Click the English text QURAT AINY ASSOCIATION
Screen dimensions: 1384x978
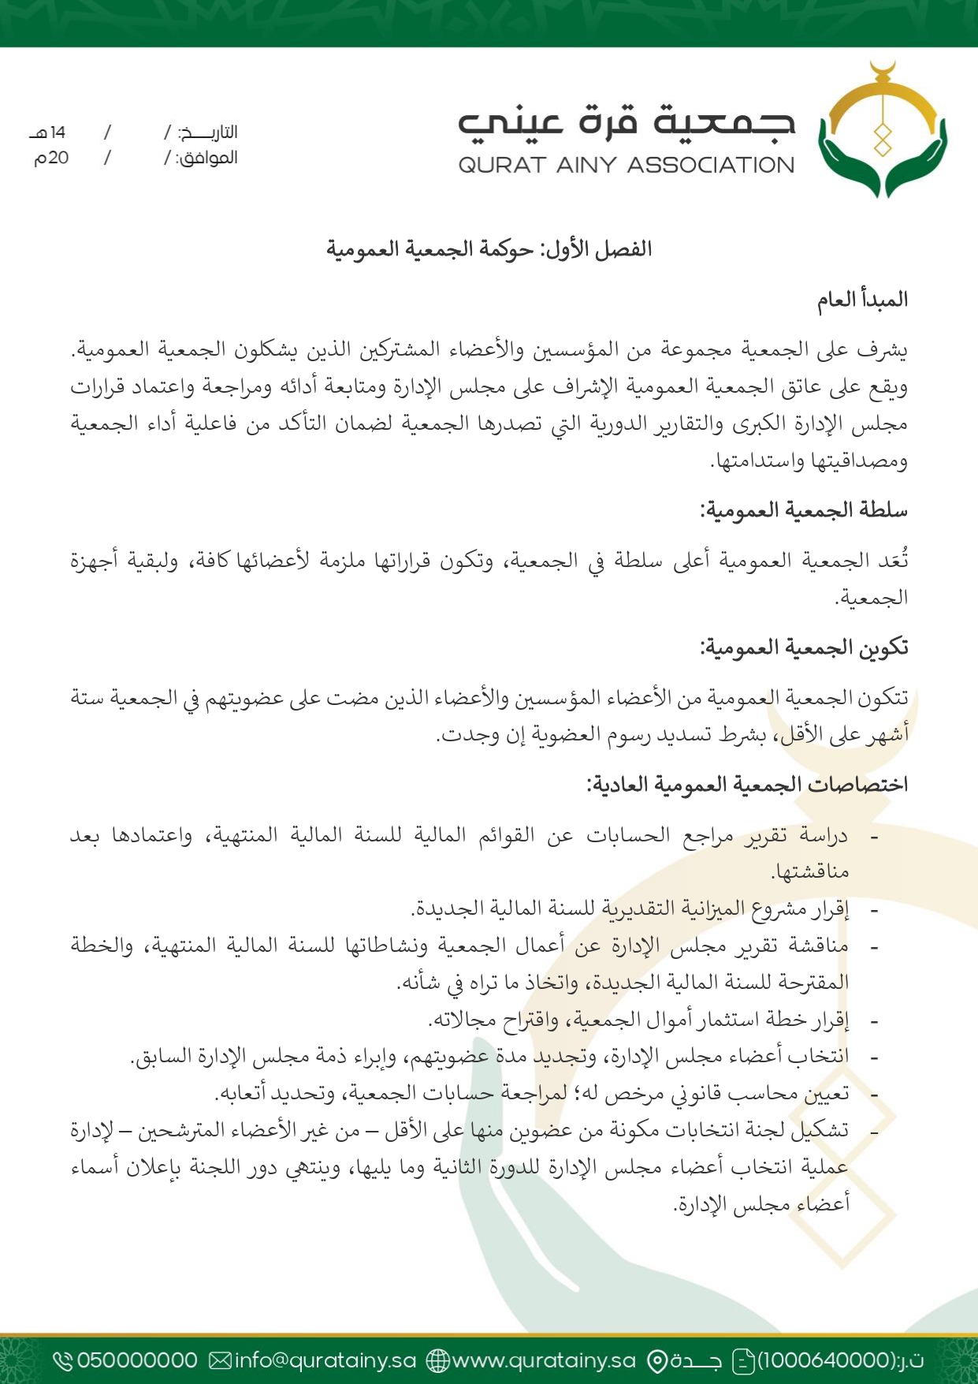pyautogui.click(x=627, y=165)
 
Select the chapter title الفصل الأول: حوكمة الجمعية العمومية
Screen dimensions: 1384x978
pyautogui.click(x=489, y=249)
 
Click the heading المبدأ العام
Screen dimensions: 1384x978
pyautogui.click(x=862, y=300)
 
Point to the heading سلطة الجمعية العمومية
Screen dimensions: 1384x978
pyautogui.click(x=804, y=510)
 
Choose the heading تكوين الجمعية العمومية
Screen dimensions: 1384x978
pyautogui.click(x=804, y=647)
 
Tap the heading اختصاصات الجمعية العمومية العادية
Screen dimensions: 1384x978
pyautogui.click(x=747, y=785)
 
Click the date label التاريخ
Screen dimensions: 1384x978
pyautogui.click(x=208, y=132)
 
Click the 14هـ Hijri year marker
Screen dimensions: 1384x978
pyautogui.click(x=49, y=132)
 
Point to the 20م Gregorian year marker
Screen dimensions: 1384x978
pyautogui.click(x=51, y=158)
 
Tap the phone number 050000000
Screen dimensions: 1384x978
pyautogui.click(x=137, y=1360)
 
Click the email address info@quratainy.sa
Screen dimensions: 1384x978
pyautogui.click(x=325, y=1360)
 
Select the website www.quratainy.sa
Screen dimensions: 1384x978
pyautogui.click(x=544, y=1360)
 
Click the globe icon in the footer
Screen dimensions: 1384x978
pyautogui.click(x=437, y=1360)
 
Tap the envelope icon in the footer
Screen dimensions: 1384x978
pyautogui.click(x=221, y=1360)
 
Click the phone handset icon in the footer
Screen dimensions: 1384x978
pyautogui.click(x=63, y=1360)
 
